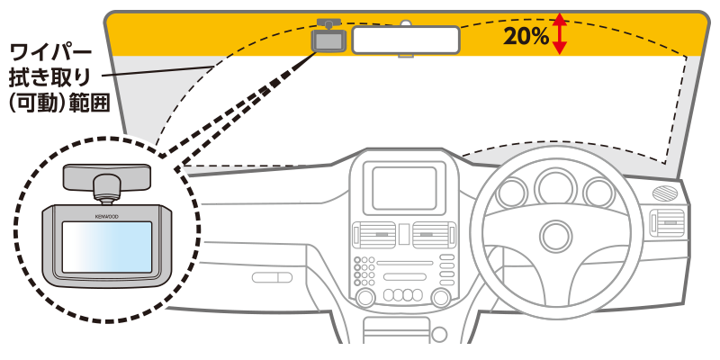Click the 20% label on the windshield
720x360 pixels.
tap(526, 36)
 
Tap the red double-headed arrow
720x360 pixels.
tap(560, 33)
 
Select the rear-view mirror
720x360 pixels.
tap(406, 40)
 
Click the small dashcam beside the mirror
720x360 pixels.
tap(328, 40)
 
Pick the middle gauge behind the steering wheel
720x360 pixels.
tap(554, 188)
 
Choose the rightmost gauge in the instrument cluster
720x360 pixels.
tap(597, 193)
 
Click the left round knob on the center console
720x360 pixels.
tap(366, 297)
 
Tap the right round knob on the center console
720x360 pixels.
tap(444, 297)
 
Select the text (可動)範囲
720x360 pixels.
tap(58, 103)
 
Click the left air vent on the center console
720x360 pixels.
tap(375, 237)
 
